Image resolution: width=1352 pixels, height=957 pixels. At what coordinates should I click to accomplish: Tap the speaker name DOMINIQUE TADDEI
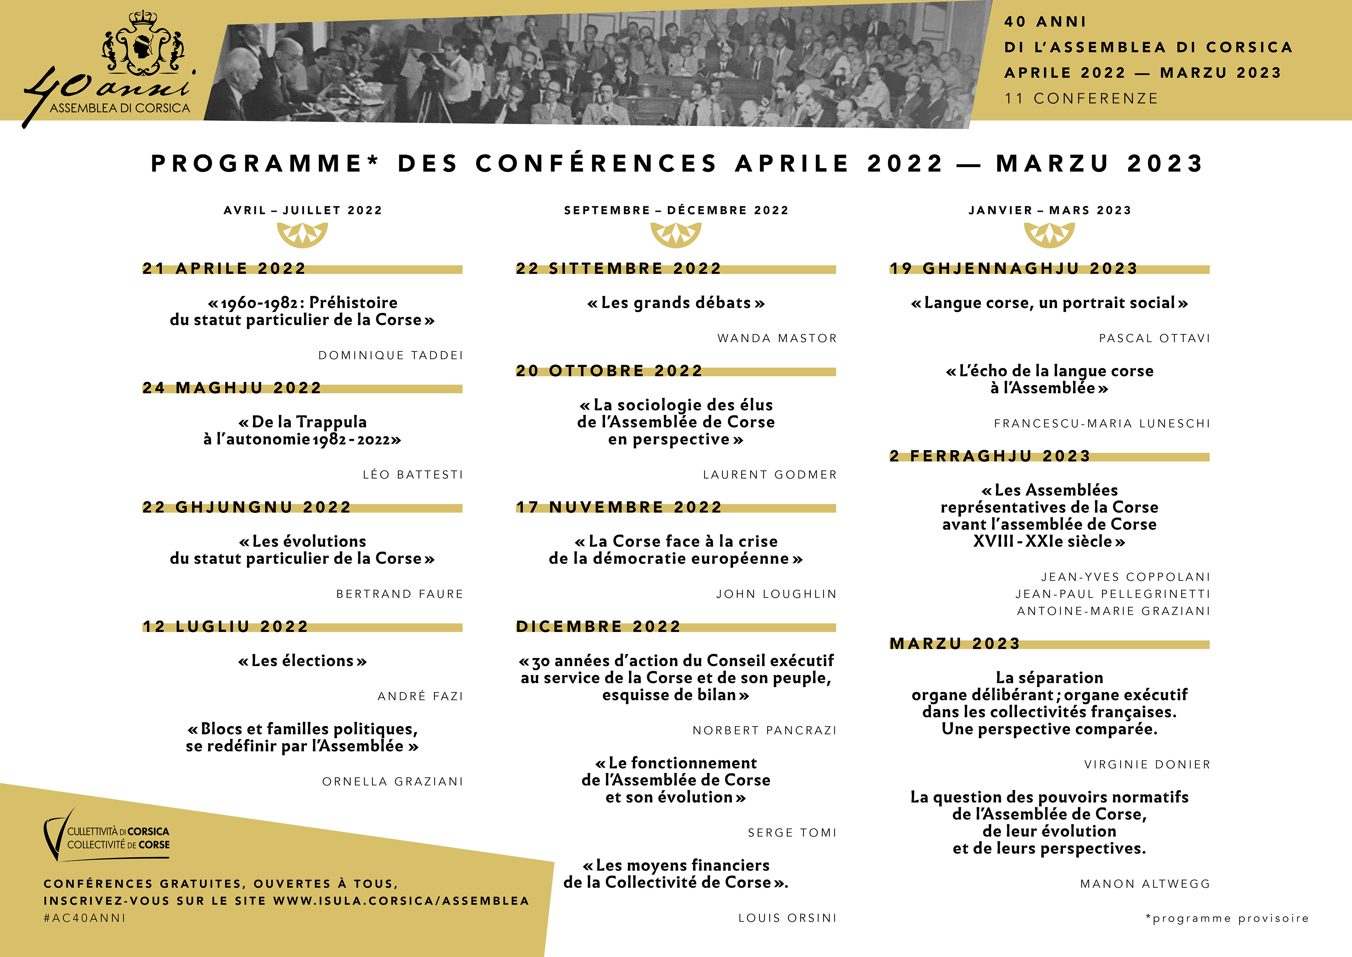tap(390, 355)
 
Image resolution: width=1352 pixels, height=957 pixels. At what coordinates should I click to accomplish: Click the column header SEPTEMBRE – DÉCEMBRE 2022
tap(676, 210)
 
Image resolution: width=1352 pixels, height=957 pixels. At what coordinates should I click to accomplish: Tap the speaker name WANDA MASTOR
tap(777, 338)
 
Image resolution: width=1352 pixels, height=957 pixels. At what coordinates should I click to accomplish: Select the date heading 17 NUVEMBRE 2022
tap(618, 508)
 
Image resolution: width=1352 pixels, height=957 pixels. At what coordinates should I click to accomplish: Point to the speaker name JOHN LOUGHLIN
tap(776, 594)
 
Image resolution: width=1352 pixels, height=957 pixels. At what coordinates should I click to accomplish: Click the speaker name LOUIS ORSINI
tap(787, 918)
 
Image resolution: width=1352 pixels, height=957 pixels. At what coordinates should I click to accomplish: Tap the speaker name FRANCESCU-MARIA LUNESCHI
tap(1102, 424)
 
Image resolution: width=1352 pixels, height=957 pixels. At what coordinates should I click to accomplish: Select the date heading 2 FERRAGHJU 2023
tap(990, 456)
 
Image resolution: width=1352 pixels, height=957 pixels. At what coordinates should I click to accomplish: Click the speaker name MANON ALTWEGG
tap(1145, 884)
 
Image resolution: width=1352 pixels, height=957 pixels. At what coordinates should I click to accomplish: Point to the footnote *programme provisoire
tap(1227, 918)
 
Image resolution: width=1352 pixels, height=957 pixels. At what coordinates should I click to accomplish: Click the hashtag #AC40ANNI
tap(85, 918)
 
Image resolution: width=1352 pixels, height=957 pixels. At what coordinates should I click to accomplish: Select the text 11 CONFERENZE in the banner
tap(1081, 98)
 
